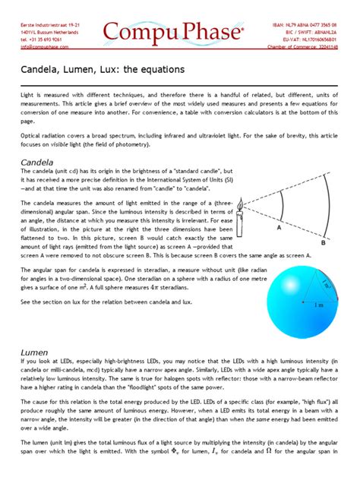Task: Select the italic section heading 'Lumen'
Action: tap(34, 352)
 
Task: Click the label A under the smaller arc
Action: tap(279, 227)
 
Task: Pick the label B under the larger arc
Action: tap(323, 242)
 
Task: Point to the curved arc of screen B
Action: tap(327, 204)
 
